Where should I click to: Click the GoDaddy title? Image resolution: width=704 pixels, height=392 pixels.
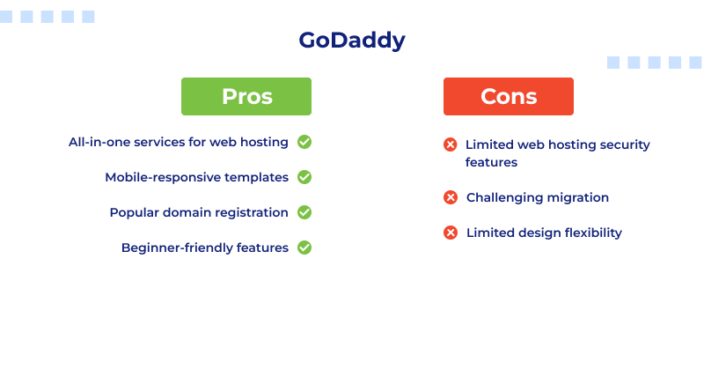pyautogui.click(x=352, y=41)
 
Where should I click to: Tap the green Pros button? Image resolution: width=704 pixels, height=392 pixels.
pyautogui.click(x=246, y=96)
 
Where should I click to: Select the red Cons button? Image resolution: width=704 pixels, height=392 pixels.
pyautogui.click(x=508, y=96)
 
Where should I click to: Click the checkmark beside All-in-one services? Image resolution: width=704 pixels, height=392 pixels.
pyautogui.click(x=304, y=142)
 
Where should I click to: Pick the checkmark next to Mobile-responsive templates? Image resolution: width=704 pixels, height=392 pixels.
pyautogui.click(x=304, y=177)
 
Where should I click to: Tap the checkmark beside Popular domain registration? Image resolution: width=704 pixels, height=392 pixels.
pyautogui.click(x=304, y=212)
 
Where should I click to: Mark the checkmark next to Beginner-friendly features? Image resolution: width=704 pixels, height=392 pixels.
pyautogui.click(x=304, y=248)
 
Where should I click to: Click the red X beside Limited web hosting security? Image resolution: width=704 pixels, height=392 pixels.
pyautogui.click(x=451, y=144)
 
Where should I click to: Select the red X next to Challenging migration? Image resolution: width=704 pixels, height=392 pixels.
pyautogui.click(x=451, y=197)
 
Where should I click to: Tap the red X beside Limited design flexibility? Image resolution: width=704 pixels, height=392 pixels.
pyautogui.click(x=451, y=233)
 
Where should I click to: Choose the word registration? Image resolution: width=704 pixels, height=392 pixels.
pyautogui.click(x=255, y=212)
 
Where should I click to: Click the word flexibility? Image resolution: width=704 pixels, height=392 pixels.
pyautogui.click(x=591, y=233)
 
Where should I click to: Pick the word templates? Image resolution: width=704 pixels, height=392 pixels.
pyautogui.click(x=256, y=177)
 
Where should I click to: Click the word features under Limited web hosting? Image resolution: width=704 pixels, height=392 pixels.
pyautogui.click(x=491, y=162)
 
